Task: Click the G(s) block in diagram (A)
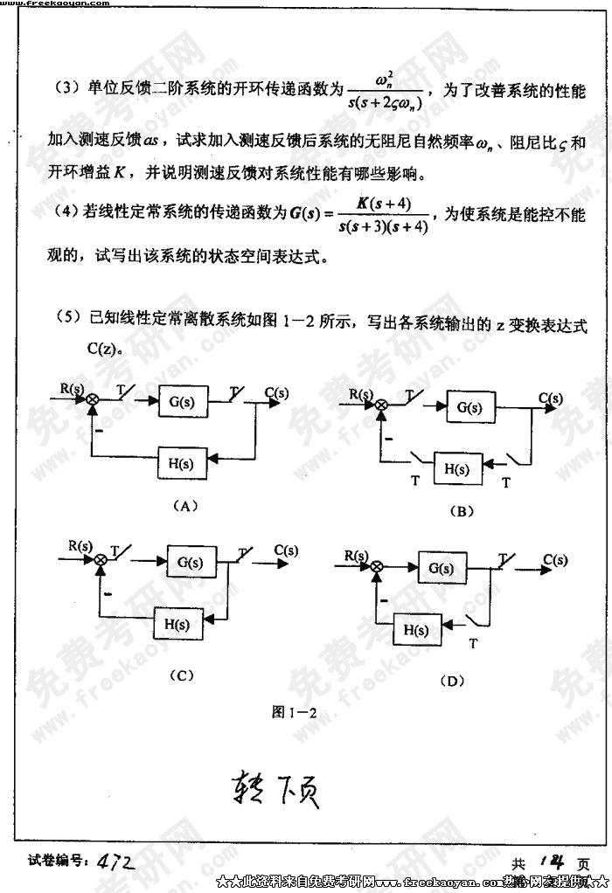183,402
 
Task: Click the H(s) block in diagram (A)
181,462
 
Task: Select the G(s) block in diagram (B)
469,407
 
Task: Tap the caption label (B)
460,510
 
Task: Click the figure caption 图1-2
294,711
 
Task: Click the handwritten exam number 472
115,862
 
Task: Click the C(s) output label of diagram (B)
550,398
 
